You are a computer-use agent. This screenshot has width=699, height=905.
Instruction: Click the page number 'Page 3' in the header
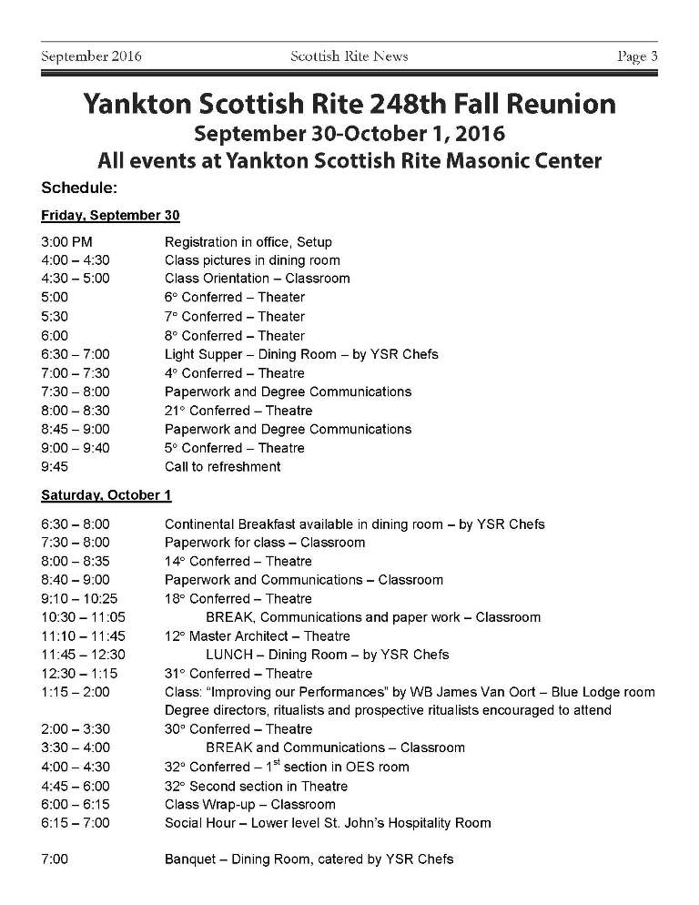tap(637, 56)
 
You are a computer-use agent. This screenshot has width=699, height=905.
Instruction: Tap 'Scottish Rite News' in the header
tap(349, 56)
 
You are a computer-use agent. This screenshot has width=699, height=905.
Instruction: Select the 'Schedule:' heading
tap(79, 188)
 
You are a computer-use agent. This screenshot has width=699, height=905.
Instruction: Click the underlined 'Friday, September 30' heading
tap(110, 216)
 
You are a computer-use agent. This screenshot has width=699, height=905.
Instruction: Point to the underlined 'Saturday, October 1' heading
tap(106, 496)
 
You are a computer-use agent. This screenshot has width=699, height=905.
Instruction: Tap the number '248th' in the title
tap(380, 104)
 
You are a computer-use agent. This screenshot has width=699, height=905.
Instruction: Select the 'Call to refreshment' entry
tap(222, 467)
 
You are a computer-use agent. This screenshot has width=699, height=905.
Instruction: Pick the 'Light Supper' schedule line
tap(300, 354)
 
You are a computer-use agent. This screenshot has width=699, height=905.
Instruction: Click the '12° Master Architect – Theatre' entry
tap(257, 636)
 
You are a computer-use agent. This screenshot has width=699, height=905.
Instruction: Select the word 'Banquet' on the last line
tap(189, 859)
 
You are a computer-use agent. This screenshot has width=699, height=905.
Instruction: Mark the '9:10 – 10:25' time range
tap(79, 599)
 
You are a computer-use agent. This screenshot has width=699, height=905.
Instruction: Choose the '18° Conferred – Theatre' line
tap(238, 599)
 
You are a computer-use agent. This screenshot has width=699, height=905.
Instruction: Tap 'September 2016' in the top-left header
tap(91, 56)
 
